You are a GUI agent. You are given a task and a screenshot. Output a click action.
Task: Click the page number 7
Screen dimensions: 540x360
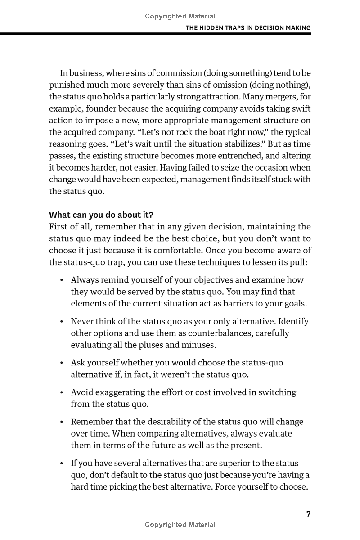click(308, 514)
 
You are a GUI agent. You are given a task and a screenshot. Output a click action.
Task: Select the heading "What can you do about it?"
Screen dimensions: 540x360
click(101, 215)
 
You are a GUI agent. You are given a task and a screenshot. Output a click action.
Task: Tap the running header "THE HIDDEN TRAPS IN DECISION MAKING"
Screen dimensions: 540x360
click(248, 28)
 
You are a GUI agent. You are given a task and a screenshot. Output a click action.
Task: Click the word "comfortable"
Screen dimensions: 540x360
click(169, 250)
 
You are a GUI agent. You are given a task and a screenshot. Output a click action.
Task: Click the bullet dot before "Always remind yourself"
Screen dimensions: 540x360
click(61, 280)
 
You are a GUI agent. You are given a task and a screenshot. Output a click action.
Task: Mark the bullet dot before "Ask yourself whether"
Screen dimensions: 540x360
click(61, 363)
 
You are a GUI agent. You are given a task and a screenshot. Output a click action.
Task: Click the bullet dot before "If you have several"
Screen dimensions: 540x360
click(61, 463)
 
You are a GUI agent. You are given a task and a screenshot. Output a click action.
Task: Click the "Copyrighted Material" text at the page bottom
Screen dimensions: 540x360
click(180, 525)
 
